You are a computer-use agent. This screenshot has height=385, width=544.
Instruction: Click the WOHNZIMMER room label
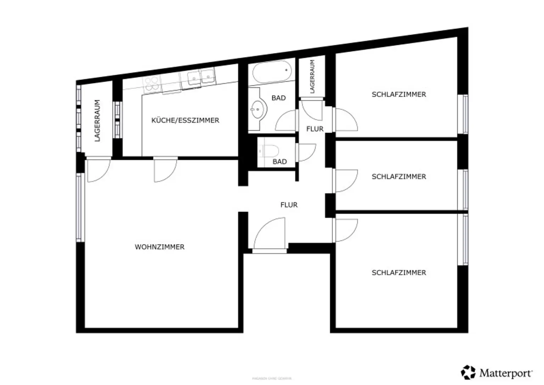pos(159,247)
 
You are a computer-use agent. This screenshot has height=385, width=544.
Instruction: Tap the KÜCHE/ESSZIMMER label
pos(185,120)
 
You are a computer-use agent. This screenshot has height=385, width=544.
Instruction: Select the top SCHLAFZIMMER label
pos(399,95)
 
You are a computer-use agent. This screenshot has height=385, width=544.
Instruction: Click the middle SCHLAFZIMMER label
pos(399,176)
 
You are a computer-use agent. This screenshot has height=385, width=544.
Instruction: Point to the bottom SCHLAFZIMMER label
pos(399,273)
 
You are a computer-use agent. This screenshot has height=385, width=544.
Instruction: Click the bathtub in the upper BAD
pos(272,72)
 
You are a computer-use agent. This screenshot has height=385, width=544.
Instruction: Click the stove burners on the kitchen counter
pos(152,85)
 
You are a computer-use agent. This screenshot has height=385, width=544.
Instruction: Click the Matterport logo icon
pos(468,372)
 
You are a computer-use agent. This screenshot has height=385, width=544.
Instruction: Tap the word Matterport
pos(505,373)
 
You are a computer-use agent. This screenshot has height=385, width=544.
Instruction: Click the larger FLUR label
pos(289,205)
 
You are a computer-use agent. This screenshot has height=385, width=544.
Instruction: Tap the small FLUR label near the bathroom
pos(315,129)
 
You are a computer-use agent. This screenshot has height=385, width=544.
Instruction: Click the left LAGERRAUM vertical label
pos(97,120)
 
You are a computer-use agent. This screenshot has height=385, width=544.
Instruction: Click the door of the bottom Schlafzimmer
pos(346,230)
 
